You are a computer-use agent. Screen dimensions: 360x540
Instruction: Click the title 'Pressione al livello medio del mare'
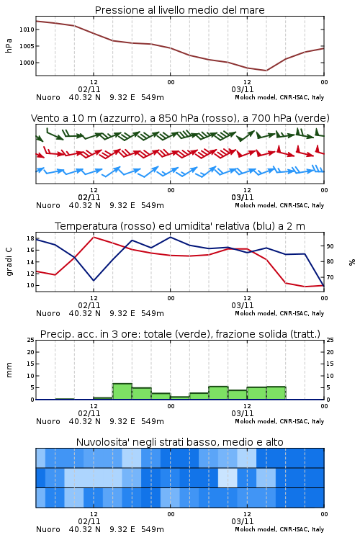click(179, 10)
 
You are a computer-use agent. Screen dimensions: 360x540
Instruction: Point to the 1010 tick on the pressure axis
click(27, 30)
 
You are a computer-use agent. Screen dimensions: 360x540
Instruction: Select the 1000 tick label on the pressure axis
click(27, 63)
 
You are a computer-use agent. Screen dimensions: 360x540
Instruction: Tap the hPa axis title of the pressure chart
click(9, 46)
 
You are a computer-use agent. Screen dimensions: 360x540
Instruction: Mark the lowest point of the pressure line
click(266, 71)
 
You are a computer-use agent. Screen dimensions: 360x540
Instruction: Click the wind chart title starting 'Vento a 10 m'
click(180, 118)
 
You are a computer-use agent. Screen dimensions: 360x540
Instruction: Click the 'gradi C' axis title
click(9, 262)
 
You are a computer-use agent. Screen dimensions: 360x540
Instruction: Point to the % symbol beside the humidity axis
click(352, 262)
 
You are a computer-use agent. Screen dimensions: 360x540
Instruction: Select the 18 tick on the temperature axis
click(30, 238)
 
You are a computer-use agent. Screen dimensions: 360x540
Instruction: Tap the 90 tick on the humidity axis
click(330, 246)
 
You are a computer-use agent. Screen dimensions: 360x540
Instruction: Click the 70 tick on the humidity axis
click(330, 277)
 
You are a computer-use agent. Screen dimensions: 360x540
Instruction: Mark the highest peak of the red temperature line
click(94, 237)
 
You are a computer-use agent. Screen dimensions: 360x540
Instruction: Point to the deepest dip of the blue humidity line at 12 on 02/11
click(94, 280)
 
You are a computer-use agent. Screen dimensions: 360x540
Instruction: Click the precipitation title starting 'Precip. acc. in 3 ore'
click(180, 334)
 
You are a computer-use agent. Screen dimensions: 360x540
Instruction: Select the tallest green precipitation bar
click(122, 392)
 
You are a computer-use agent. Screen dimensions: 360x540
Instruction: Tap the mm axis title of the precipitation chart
click(9, 370)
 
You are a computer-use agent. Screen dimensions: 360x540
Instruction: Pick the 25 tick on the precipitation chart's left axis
click(31, 340)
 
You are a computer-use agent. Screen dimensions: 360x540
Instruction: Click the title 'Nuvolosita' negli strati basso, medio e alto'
click(179, 442)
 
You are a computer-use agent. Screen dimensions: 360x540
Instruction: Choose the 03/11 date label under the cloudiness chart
click(243, 521)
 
